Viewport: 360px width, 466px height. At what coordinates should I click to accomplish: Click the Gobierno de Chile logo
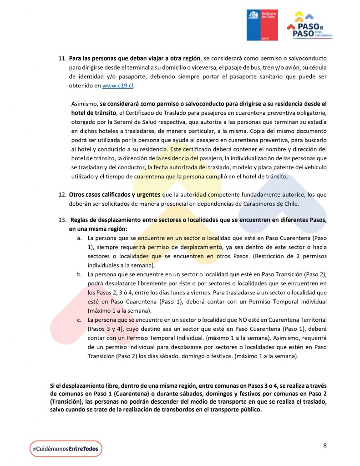click(262, 25)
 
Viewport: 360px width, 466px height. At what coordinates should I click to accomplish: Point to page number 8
click(325, 445)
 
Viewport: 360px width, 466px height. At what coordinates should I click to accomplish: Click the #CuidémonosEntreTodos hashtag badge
click(66, 449)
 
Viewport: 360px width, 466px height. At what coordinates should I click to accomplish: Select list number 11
click(62, 59)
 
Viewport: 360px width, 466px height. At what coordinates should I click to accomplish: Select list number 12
click(62, 195)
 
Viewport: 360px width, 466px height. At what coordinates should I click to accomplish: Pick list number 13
click(62, 220)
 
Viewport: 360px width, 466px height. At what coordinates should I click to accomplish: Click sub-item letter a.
click(79, 238)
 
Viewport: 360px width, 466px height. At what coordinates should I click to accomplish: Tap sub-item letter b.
click(79, 274)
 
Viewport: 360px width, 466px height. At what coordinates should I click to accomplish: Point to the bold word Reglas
click(80, 220)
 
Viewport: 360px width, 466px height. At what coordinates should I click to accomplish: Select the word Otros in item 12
click(77, 195)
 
